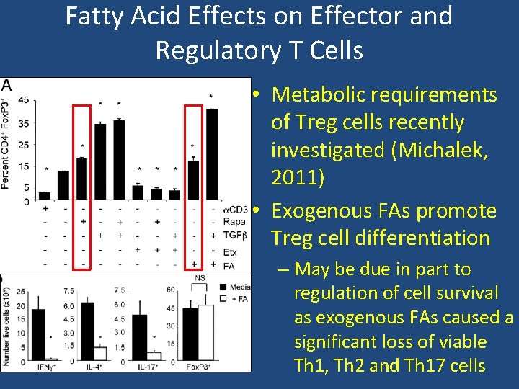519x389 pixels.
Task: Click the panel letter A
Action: (6, 85)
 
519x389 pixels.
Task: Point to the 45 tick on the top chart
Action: (24, 100)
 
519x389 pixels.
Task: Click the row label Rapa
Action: (234, 222)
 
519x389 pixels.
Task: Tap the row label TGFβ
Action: (234, 236)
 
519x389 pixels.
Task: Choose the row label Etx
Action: (230, 252)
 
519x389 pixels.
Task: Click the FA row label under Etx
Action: (229, 266)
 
